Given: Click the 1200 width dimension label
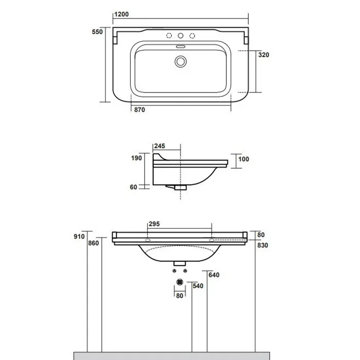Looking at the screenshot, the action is pos(121,14).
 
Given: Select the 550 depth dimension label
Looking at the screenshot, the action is pos(97,32).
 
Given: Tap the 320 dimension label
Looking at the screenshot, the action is pos(263,55).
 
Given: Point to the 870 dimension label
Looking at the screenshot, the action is pos(139,110).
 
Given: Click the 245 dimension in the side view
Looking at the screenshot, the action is pos(159,146).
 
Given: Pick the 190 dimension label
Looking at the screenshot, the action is pos(136,158).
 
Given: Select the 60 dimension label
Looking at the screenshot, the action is pos(133,187).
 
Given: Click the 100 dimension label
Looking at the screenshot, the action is pos(244,159).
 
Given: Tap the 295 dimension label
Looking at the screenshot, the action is pos(154,224).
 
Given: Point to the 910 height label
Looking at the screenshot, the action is pos(79,237).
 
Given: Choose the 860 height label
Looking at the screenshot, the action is pos(94,243).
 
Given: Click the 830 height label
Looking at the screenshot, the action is pos(263,245).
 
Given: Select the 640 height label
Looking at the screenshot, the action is pos(214,275).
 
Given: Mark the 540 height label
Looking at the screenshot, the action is pos(198,286).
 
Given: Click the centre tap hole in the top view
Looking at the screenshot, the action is pos(181,35).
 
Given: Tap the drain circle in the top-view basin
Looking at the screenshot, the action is pos(181,62).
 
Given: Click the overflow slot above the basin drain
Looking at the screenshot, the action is pos(181,47).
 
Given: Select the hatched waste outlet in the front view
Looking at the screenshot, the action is pos(180,282).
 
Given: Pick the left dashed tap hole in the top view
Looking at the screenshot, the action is pos(169,35).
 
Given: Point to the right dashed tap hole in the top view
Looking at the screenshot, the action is pos(192,35).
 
